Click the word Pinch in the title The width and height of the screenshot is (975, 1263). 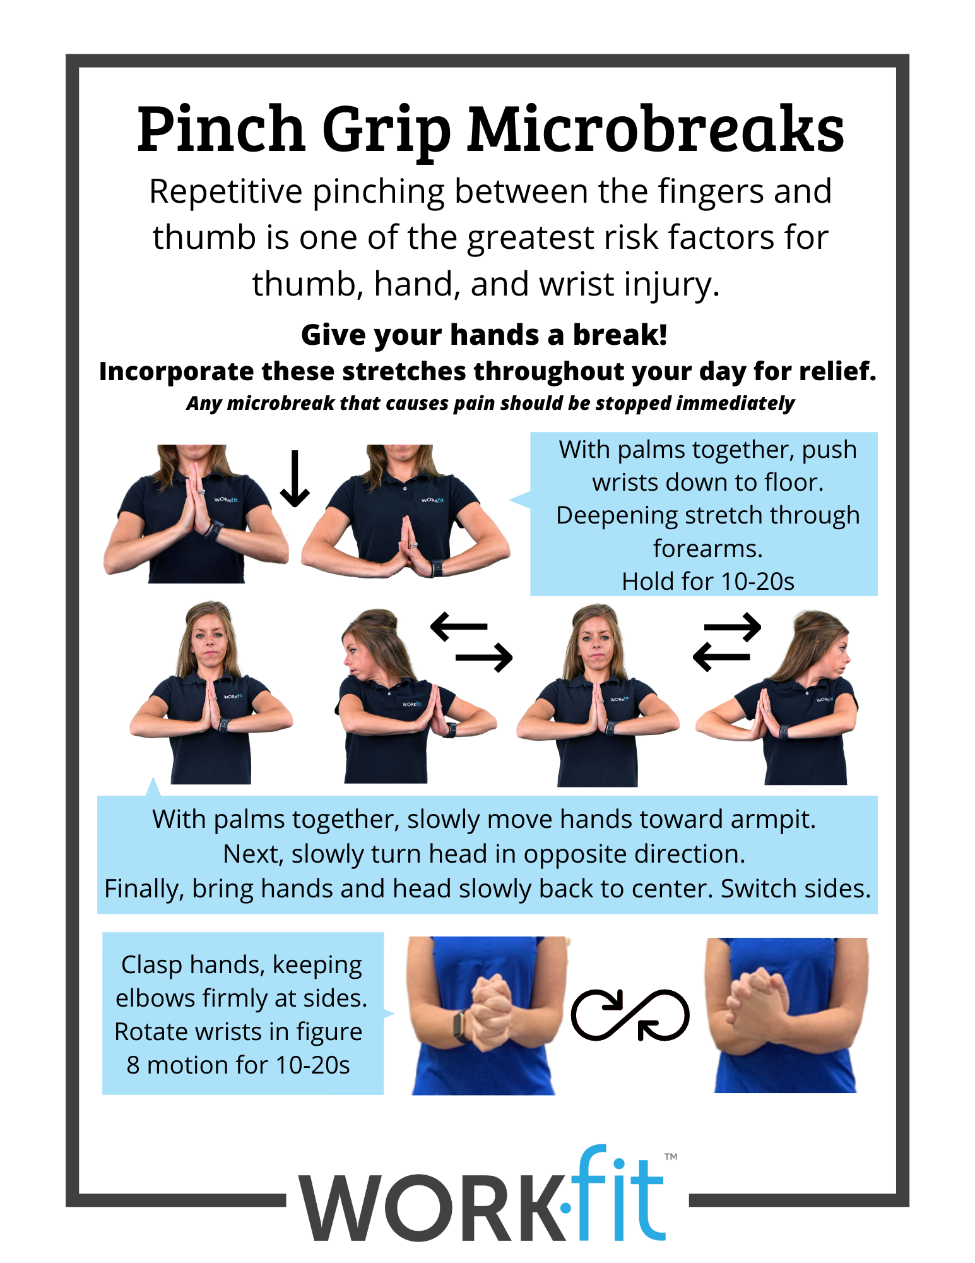tap(221, 129)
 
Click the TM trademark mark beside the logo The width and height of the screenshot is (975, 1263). tap(671, 1157)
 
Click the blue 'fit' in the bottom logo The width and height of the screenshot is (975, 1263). tap(618, 1197)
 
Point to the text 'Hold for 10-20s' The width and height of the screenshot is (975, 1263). tap(707, 582)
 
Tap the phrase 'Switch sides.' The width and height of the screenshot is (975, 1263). tap(795, 889)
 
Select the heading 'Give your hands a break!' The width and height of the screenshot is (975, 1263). tap(484, 335)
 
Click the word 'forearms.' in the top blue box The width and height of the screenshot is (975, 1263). tap(707, 549)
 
